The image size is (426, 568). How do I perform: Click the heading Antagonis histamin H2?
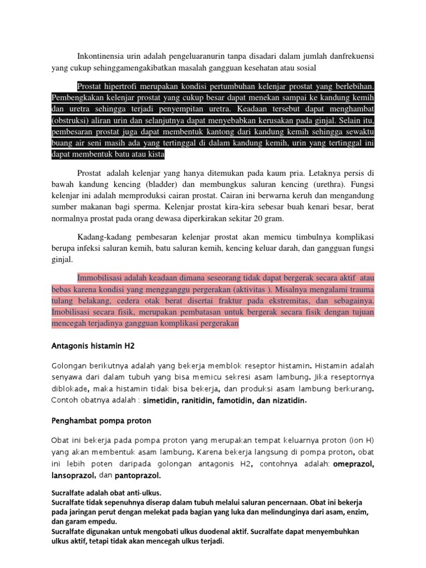pyautogui.click(x=93, y=346)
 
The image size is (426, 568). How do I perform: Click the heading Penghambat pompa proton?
pyautogui.click(x=98, y=420)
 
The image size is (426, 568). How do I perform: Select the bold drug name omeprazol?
pyautogui.click(x=353, y=464)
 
